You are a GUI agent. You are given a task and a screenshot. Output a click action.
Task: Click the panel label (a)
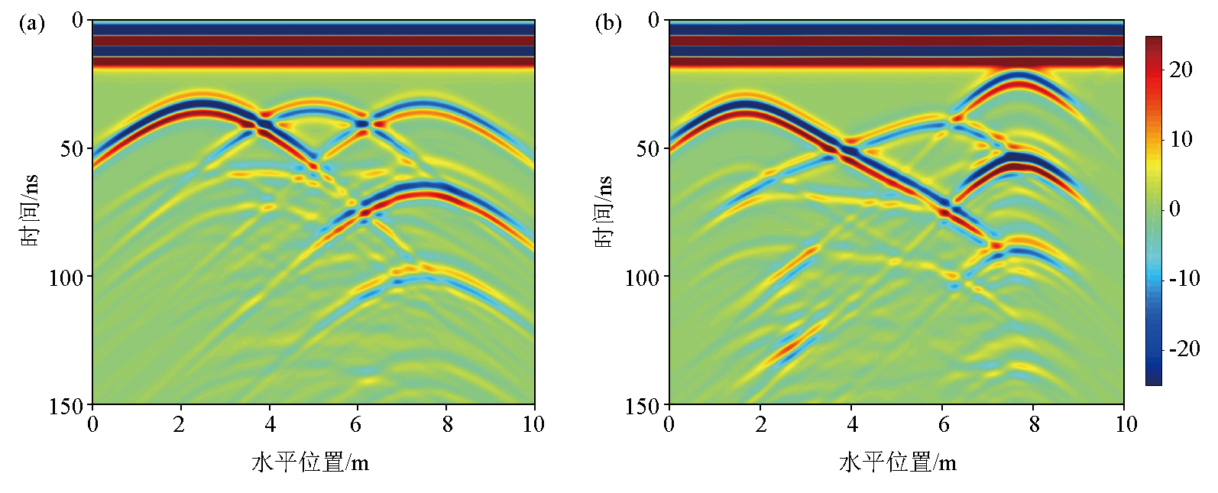(32, 24)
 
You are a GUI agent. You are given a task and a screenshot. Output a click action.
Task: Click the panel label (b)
(608, 24)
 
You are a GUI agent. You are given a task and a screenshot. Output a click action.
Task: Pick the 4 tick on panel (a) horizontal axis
(270, 424)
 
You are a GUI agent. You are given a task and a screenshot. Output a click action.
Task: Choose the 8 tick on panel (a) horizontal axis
(447, 424)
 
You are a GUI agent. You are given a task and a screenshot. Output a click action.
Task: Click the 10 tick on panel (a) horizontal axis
(533, 424)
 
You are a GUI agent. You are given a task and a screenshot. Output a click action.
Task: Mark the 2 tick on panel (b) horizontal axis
(760, 424)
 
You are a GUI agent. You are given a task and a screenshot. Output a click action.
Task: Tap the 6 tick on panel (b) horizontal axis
(943, 424)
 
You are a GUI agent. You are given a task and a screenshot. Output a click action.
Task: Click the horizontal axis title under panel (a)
(310, 462)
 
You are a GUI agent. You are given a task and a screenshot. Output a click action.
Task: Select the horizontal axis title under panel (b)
(897, 462)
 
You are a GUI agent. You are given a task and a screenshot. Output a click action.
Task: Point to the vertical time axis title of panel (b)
(604, 211)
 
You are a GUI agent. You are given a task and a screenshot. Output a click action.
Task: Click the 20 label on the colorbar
(1181, 70)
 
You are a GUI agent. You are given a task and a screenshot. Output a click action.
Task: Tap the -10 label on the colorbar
(1184, 279)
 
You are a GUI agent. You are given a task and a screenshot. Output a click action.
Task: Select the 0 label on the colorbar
(1175, 209)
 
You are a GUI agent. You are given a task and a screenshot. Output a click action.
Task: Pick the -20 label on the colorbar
(1184, 349)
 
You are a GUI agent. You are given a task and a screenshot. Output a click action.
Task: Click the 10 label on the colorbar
(1181, 139)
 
